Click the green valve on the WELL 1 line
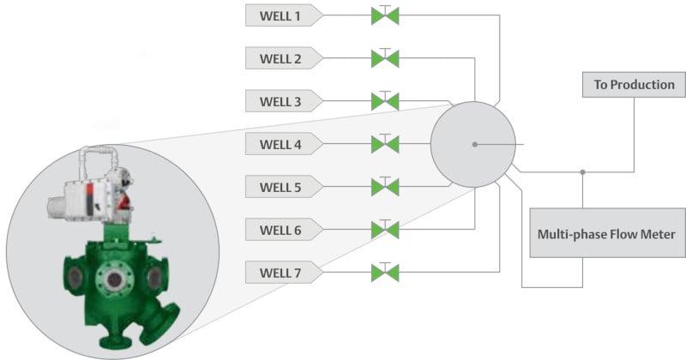point(385,15)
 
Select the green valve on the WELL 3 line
point(385,101)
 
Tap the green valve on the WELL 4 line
point(385,144)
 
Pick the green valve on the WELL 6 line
point(385,230)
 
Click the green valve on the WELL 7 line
point(385,273)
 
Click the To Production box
point(634,84)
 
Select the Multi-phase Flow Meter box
point(607,232)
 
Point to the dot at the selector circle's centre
point(475,144)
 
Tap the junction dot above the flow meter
point(583,172)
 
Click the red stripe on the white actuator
point(89,200)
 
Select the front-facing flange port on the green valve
point(114,279)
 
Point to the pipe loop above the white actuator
point(99,149)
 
